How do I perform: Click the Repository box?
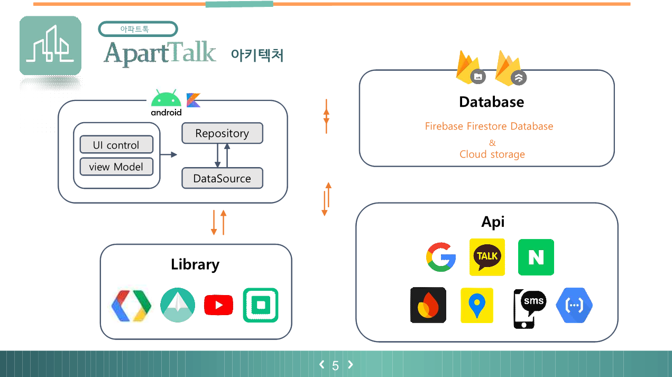click(222, 133)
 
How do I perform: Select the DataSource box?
click(222, 178)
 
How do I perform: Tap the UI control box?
click(116, 145)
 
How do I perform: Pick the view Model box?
click(116, 167)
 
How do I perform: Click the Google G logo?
click(441, 257)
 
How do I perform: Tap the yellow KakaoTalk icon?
click(487, 257)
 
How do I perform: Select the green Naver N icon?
click(536, 257)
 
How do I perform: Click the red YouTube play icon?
click(218, 305)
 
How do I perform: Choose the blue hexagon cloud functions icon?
click(574, 306)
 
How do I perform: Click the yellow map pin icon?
click(477, 306)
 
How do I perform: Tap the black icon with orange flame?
click(428, 306)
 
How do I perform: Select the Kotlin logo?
click(194, 100)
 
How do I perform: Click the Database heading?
click(491, 102)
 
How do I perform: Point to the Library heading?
click(195, 264)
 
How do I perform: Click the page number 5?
click(335, 365)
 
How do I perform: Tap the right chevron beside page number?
click(350, 364)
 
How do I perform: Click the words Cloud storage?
click(492, 154)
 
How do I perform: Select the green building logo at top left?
click(50, 45)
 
